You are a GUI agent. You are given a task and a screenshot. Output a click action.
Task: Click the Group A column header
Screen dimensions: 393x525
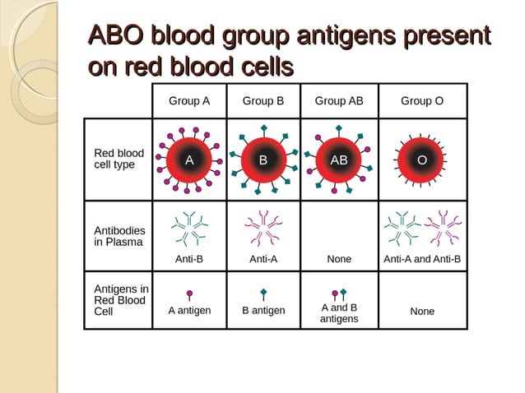pyautogui.click(x=189, y=101)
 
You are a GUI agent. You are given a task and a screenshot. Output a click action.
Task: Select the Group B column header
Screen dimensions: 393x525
pyautogui.click(x=263, y=101)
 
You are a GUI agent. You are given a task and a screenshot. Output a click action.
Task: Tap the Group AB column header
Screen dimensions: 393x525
pyautogui.click(x=339, y=101)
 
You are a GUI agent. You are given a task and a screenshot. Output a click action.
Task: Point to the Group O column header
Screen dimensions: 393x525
pyautogui.click(x=422, y=101)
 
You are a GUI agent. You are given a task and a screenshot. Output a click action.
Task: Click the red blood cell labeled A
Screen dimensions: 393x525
pyautogui.click(x=189, y=160)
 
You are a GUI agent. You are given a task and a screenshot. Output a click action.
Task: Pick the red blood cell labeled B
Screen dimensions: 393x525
pyautogui.click(x=263, y=160)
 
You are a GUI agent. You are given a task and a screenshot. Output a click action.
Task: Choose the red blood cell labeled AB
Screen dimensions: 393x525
pyautogui.click(x=339, y=160)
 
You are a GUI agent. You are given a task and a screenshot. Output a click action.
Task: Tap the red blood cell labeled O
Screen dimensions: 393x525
pyautogui.click(x=421, y=160)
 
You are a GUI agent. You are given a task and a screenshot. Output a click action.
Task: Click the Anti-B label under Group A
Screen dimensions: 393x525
pyautogui.click(x=189, y=259)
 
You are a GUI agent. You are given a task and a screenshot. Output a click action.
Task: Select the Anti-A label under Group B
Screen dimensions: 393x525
pyautogui.click(x=263, y=259)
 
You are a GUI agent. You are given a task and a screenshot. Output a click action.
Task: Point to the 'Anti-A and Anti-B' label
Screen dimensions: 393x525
pyautogui.click(x=422, y=259)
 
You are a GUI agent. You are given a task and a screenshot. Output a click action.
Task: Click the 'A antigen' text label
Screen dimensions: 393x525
pyautogui.click(x=189, y=310)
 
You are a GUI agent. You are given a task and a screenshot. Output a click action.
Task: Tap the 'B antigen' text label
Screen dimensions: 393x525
pyautogui.click(x=263, y=310)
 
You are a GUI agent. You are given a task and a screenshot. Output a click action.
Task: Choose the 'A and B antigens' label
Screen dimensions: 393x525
pyautogui.click(x=339, y=313)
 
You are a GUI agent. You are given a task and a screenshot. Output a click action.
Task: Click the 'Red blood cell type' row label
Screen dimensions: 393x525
pyautogui.click(x=118, y=159)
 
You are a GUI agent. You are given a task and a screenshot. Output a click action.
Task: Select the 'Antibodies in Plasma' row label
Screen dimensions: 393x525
pyautogui.click(x=118, y=236)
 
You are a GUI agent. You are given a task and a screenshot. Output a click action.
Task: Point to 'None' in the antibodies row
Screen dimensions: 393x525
pyautogui.click(x=339, y=259)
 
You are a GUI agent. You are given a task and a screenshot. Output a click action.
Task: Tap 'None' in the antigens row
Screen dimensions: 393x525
pyautogui.click(x=422, y=312)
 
